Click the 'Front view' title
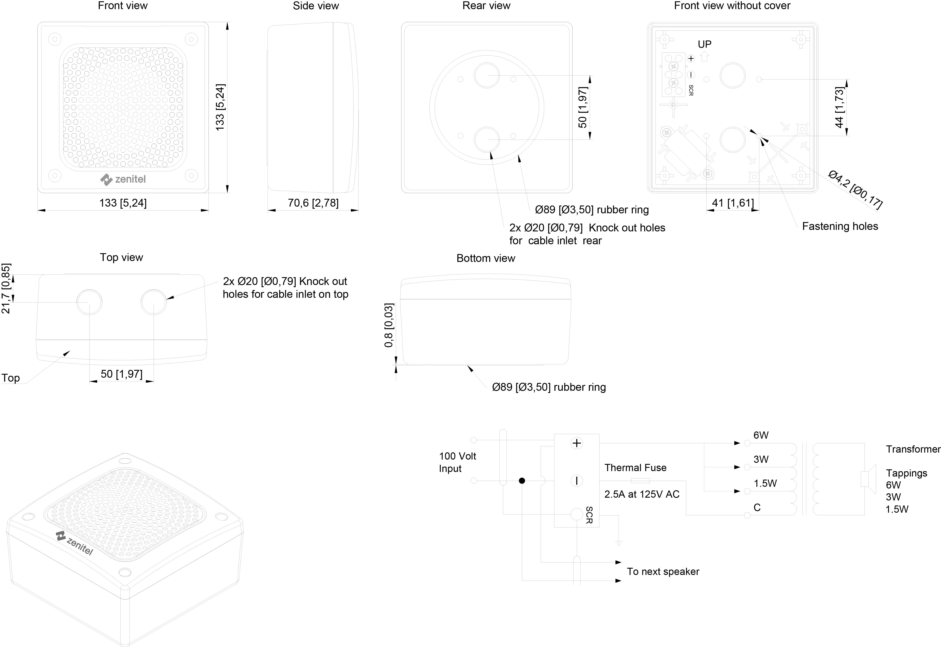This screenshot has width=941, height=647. point(122,6)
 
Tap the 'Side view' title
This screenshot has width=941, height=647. point(316,6)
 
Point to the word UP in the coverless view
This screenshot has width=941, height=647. point(704,44)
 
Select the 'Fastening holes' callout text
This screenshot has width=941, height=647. point(840,226)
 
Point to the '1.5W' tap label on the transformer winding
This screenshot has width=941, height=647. point(765,483)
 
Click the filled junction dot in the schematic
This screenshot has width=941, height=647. point(522,481)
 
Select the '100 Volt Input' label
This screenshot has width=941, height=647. point(457,462)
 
